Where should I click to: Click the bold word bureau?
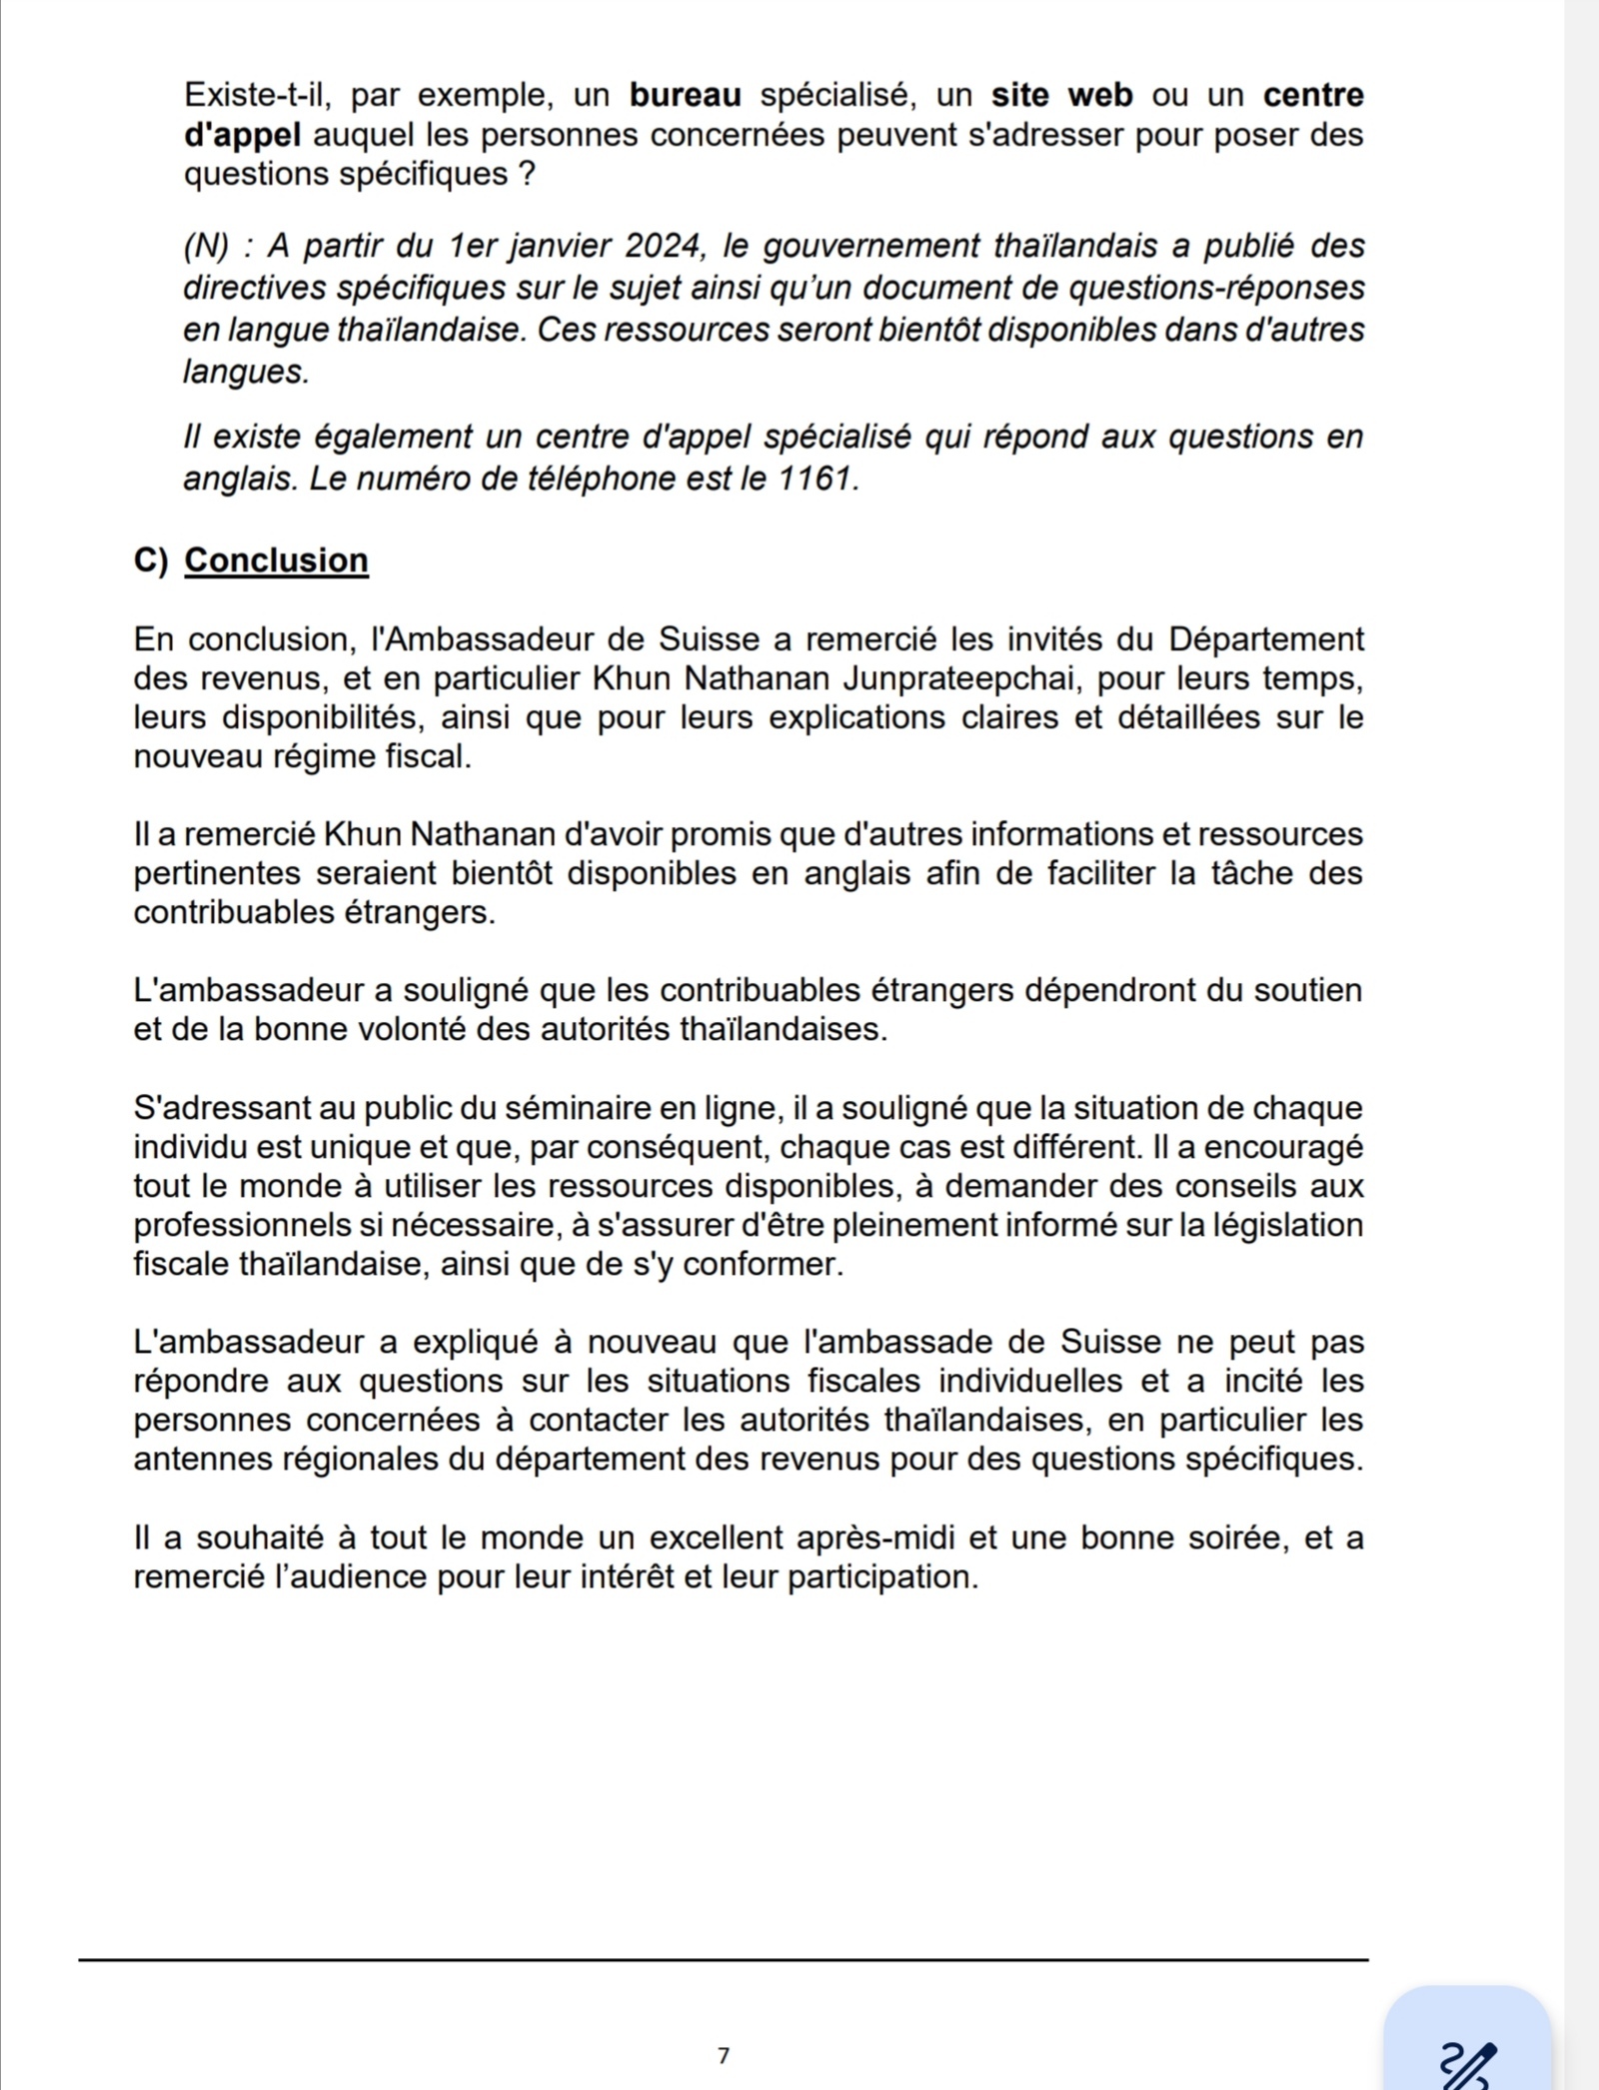pos(686,96)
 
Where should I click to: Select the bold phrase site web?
pos(1061,96)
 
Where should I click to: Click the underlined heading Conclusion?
pos(277,560)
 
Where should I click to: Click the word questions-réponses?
pos(1216,288)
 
